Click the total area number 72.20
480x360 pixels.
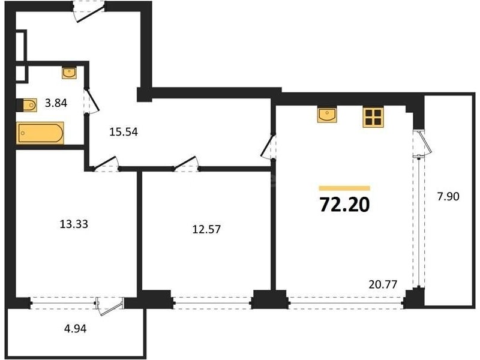click(x=344, y=205)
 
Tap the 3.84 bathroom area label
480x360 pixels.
click(x=56, y=103)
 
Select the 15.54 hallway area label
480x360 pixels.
click(x=124, y=132)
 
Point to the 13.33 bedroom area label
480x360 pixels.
click(x=74, y=224)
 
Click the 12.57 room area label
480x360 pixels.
click(x=206, y=229)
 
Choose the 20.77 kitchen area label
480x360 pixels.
click(x=383, y=284)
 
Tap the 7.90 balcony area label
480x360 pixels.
click(x=448, y=196)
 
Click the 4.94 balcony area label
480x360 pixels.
click(x=76, y=329)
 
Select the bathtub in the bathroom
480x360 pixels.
click(x=40, y=133)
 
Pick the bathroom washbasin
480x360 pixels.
click(x=69, y=73)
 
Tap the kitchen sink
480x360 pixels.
click(x=327, y=115)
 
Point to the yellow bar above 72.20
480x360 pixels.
click(x=344, y=188)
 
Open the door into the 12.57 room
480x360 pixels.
click(x=185, y=163)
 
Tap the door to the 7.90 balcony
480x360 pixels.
click(x=422, y=143)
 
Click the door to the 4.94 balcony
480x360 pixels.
click(x=110, y=305)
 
